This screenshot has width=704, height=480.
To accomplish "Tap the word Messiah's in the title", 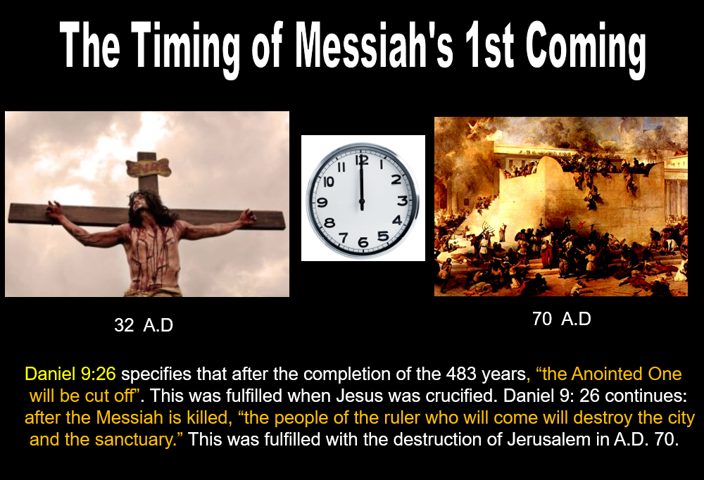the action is pos(374,45).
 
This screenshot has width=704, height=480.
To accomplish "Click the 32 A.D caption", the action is pos(144,325).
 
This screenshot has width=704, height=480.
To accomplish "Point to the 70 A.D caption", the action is pos(562,319).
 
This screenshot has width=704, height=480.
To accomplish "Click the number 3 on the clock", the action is pos(402,201).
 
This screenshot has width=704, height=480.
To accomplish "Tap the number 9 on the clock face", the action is pos(322,203).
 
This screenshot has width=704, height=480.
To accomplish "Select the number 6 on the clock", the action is pos(363,243).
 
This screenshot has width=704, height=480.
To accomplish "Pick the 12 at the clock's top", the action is pos(362,160).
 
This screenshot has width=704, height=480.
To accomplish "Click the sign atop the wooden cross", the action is pos(148,168).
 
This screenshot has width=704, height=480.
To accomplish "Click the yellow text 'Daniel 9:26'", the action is pos(70,374).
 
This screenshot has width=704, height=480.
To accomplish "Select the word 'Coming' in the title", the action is pos(586,49).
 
